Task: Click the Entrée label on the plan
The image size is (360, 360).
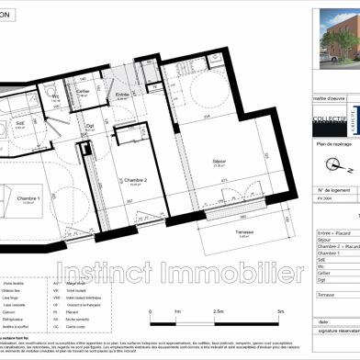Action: (122, 96)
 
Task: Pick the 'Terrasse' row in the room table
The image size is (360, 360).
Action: (326, 294)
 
